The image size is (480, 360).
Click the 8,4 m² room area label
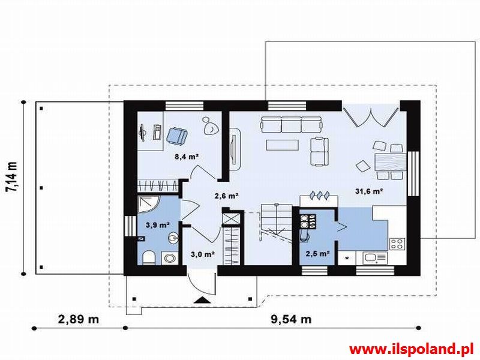[x=187, y=157]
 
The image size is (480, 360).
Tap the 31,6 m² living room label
[x=369, y=191]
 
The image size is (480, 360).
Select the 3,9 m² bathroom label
[x=158, y=226]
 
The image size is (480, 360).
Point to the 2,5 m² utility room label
[x=317, y=253]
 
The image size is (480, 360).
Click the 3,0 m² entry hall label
[x=202, y=254]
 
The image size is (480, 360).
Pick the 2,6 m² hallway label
[x=227, y=196]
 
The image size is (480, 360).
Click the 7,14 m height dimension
[x=11, y=177]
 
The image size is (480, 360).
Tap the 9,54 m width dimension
[x=291, y=319]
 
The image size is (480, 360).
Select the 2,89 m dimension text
[x=79, y=319]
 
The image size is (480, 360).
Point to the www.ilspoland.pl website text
[x=412, y=349]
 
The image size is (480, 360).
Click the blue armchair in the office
[x=177, y=136]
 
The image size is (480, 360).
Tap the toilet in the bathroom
[x=149, y=257]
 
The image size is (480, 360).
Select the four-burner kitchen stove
[x=398, y=244]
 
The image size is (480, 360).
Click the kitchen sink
[x=375, y=258]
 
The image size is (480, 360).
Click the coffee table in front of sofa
[x=282, y=145]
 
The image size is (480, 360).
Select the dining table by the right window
[x=391, y=161]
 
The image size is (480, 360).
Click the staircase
[x=276, y=223]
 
